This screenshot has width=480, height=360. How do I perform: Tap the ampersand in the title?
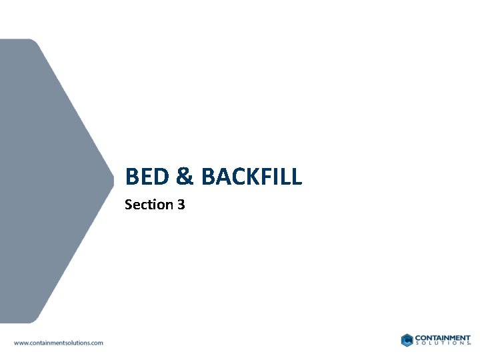[x=185, y=177]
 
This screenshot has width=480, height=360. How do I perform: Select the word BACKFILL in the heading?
[x=251, y=177]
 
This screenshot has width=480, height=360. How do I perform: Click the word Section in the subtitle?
[x=149, y=205]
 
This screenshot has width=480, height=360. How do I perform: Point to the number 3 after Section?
[x=181, y=205]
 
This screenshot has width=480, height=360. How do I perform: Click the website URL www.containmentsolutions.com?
[x=59, y=343]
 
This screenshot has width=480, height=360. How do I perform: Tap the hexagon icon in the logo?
[x=407, y=340]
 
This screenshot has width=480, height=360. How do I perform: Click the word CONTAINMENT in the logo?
[x=443, y=337]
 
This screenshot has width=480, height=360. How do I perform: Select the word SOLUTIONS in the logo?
[x=442, y=344]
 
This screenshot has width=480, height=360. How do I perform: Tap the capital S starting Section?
[x=129, y=205]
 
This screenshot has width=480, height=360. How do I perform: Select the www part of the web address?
[x=20, y=343]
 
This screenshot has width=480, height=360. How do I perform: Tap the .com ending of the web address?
[x=97, y=343]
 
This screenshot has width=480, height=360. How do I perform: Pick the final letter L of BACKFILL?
[x=297, y=177]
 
